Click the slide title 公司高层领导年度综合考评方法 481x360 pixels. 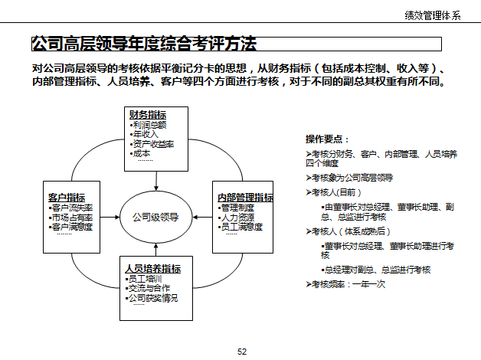[144, 44]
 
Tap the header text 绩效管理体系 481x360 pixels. [434, 15]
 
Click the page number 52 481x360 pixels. [242, 352]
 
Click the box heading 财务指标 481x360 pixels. [149, 115]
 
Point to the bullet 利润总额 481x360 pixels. [149, 124]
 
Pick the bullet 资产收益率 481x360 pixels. [153, 143]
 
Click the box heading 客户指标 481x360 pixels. [67, 198]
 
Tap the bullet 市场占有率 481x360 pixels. [72, 217]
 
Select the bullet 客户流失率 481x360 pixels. [72, 208]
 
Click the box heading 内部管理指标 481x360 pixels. [245, 198]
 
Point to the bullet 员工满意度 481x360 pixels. [241, 227]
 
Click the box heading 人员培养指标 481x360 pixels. [153, 269]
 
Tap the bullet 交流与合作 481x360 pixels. [151, 288]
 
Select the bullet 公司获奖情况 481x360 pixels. [153, 297]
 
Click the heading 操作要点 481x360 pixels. [327, 139]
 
